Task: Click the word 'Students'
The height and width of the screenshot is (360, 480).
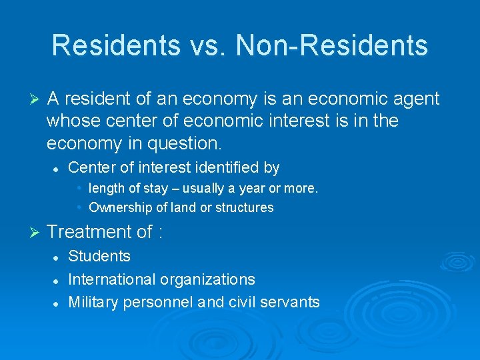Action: pos(99,257)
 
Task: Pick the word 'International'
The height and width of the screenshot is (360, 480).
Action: pos(112,279)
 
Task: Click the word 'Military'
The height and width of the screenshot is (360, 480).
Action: pos(93,302)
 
